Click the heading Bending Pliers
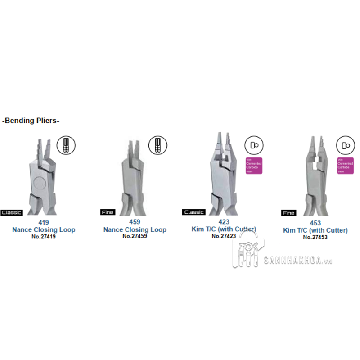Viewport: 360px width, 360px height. pos(31,121)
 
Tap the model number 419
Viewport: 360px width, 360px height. pos(44,222)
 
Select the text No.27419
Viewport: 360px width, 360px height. pos(44,236)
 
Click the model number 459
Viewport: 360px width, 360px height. pos(135,222)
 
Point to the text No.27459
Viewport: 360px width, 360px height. pos(135,236)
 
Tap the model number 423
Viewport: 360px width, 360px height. pos(224,222)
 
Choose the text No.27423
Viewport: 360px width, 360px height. pos(224,236)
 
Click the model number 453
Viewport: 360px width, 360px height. pos(315,223)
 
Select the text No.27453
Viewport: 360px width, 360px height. pos(315,237)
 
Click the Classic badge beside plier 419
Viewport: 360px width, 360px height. pos(12,212)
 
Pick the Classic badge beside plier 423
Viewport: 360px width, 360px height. pos(193,212)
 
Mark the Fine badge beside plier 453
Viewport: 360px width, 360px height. pos(288,213)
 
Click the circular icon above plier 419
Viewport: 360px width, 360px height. pos(66,144)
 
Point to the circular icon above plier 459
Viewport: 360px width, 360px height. pos(157,144)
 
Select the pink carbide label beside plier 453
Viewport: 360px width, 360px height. pos(346,166)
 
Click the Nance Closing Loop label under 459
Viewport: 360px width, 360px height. pos(135,229)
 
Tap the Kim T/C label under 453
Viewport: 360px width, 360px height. pos(315,230)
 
